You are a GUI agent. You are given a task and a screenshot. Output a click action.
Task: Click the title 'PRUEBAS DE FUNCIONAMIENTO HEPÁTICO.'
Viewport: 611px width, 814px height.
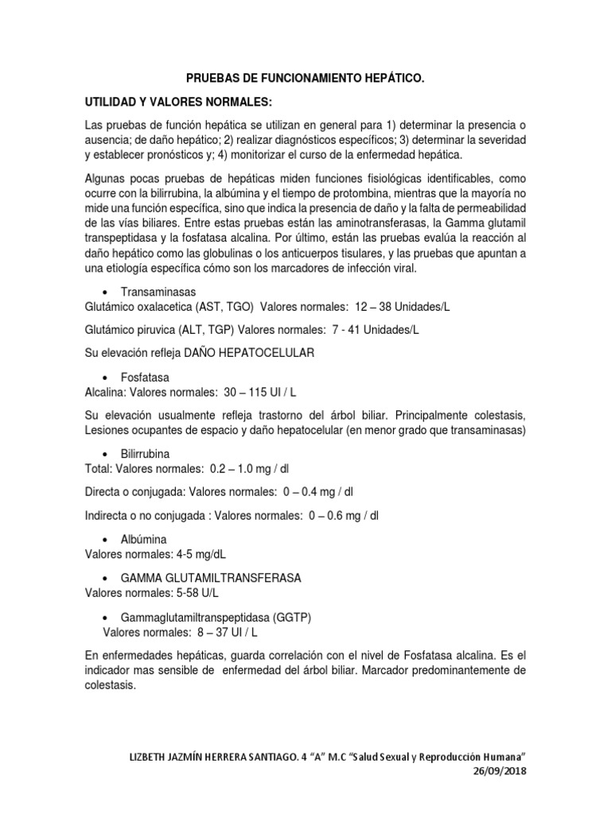(305, 79)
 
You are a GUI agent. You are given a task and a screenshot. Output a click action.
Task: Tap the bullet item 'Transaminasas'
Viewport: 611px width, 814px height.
(158, 292)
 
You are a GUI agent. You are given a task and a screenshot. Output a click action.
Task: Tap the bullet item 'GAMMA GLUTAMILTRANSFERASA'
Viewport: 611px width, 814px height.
(211, 578)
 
